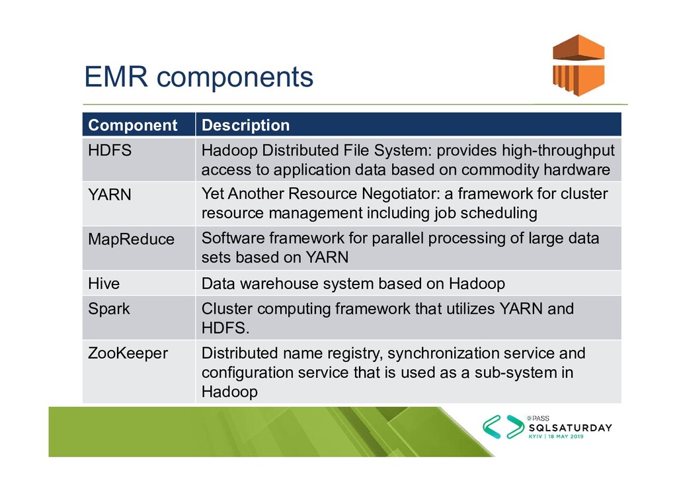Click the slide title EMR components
click(198, 77)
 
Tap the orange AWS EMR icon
click(578, 64)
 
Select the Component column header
click(133, 125)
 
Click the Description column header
click(245, 125)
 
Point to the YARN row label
click(110, 195)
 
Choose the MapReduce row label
click(132, 239)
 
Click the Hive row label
click(104, 284)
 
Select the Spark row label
click(109, 309)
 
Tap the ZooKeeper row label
click(128, 353)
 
